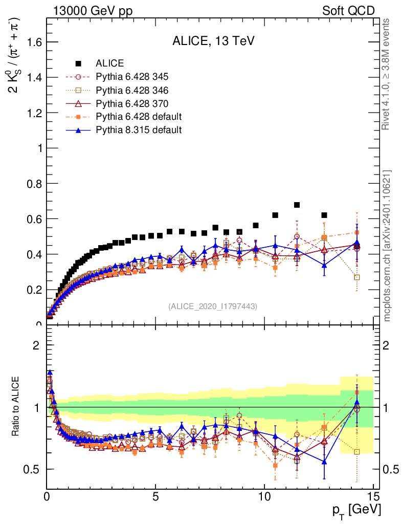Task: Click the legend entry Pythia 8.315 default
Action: click(138, 130)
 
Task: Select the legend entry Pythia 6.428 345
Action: click(132, 77)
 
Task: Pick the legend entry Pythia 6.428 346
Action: click(132, 90)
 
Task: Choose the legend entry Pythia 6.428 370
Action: click(132, 103)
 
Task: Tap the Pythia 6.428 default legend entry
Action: click(139, 117)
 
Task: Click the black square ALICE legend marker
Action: click(78, 63)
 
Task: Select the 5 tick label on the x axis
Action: click(155, 496)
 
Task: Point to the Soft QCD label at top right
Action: click(348, 11)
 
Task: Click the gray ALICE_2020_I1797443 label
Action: click(212, 306)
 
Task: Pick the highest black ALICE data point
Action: click(297, 205)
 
